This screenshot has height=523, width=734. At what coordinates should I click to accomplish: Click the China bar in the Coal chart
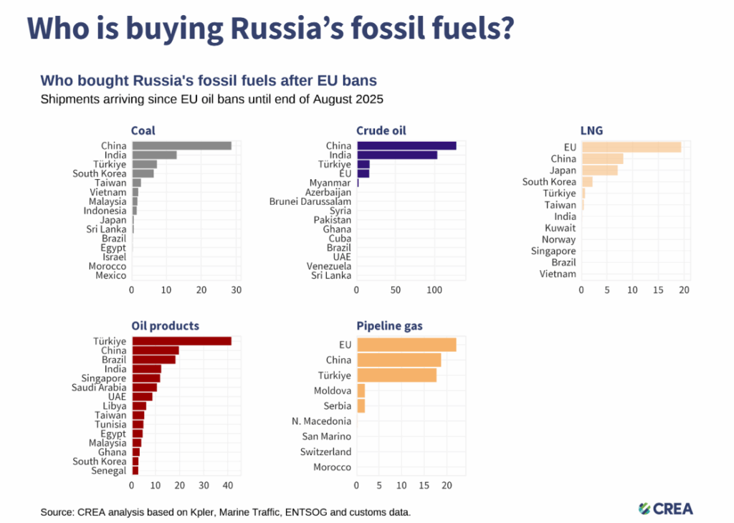181,145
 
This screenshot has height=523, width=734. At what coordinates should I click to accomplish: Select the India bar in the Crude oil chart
396,155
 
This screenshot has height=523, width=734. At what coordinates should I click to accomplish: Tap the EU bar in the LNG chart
631,147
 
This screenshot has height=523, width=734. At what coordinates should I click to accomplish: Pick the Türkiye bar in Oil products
181,341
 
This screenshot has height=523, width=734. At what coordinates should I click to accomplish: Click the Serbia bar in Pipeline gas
361,406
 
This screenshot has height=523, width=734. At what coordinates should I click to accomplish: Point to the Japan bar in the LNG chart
599,170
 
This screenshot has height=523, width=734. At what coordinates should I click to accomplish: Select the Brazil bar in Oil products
153,360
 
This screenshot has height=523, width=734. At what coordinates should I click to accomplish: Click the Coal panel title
143,130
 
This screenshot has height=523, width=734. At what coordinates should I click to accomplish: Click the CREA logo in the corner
666,509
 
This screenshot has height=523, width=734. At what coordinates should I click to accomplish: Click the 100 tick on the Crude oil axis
434,290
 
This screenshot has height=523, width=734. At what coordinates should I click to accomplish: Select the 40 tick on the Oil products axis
227,486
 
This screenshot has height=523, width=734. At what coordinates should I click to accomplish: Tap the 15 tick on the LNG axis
658,290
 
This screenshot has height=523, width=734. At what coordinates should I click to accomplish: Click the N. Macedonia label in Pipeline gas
321,421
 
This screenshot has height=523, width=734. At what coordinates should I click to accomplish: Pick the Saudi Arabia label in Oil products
99,388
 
